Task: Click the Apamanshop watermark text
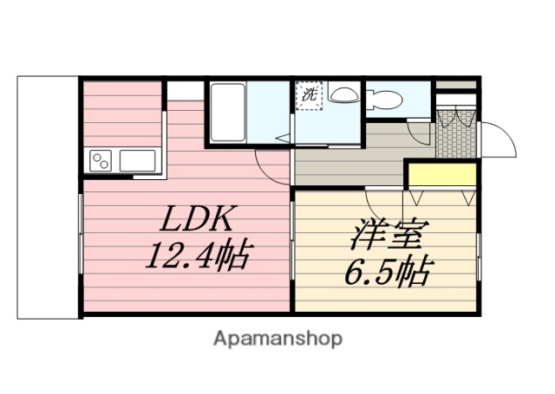click(x=278, y=338)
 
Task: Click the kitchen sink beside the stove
click(x=137, y=160)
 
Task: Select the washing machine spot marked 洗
click(x=310, y=96)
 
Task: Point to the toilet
click(x=384, y=100)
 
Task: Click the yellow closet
click(x=442, y=173)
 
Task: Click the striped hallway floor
click(x=347, y=160)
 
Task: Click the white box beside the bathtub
click(x=184, y=91)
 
